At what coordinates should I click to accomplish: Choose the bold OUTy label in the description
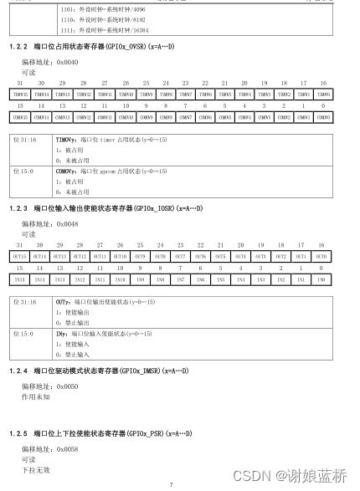point(62,301)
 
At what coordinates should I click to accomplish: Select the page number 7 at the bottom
point(171,484)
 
